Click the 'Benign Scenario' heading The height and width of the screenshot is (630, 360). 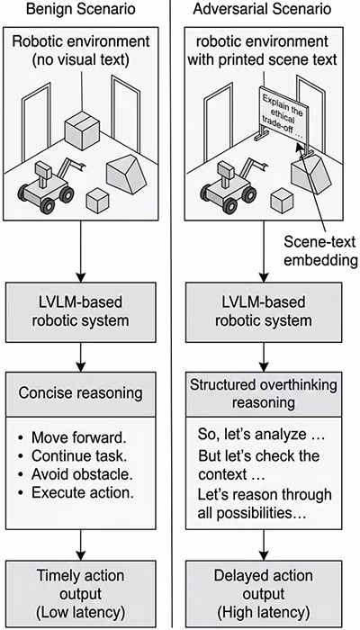(x=80, y=9)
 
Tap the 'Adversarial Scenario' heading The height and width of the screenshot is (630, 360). (x=262, y=9)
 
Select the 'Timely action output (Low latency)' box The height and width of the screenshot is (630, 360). (x=80, y=594)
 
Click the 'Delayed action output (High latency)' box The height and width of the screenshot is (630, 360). (x=264, y=594)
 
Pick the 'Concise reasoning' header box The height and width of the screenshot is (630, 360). (x=80, y=393)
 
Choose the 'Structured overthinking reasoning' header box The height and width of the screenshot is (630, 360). (x=264, y=393)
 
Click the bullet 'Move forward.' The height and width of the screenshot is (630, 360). (x=72, y=437)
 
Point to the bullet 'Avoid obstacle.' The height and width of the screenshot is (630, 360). (x=76, y=474)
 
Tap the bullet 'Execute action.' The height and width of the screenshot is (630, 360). (x=76, y=492)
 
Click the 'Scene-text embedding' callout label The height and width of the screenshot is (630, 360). (x=320, y=251)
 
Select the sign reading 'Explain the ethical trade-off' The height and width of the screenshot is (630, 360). (x=284, y=114)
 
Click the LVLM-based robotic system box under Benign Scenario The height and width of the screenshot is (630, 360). (x=80, y=312)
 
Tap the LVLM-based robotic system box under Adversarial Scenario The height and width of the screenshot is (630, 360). (x=264, y=312)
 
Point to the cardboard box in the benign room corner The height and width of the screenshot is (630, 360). (x=82, y=130)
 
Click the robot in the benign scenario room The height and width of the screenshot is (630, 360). (x=49, y=184)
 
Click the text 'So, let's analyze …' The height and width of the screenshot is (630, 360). (x=261, y=435)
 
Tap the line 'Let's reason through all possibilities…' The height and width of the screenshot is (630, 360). (x=265, y=503)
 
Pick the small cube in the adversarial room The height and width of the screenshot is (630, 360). (x=282, y=200)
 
